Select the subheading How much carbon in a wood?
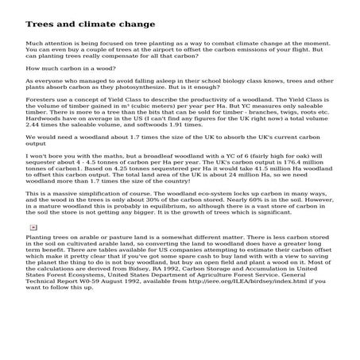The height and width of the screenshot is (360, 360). [61, 69]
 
